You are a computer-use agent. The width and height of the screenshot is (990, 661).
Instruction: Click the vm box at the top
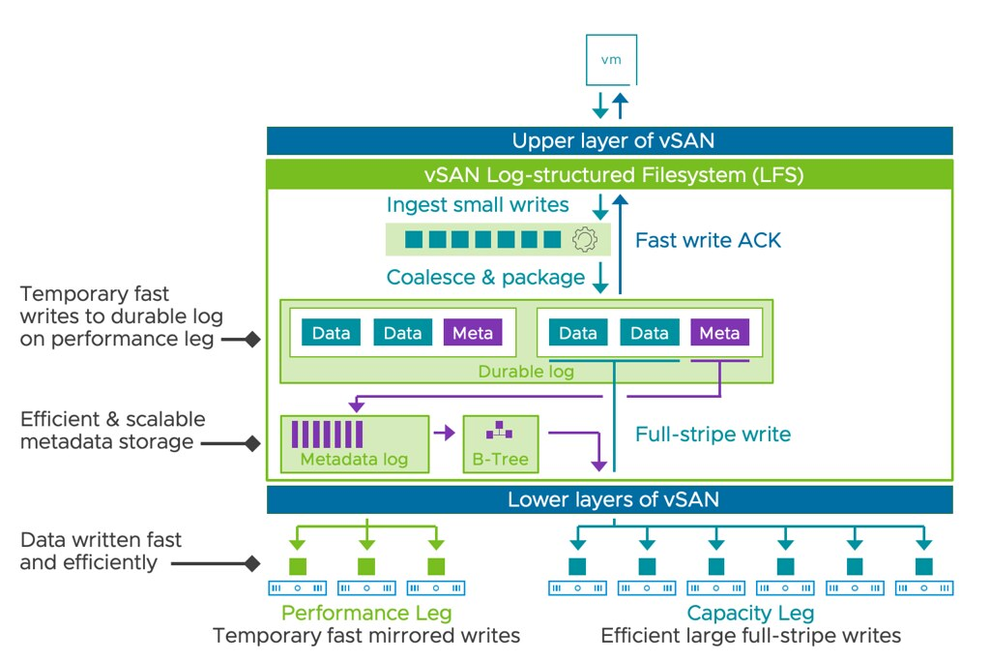point(610,60)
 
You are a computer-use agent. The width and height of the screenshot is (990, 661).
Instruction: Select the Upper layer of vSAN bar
point(610,140)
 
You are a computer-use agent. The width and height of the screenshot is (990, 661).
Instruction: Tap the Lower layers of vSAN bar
point(610,499)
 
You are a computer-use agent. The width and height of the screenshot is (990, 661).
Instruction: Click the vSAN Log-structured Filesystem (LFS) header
point(610,175)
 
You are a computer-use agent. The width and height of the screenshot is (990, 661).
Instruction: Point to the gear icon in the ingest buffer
point(584,239)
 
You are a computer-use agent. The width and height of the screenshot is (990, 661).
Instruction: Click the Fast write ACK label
point(708,240)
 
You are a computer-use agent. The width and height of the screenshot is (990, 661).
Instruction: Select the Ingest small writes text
point(478,205)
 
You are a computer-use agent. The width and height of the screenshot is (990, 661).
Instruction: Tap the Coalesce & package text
point(485,278)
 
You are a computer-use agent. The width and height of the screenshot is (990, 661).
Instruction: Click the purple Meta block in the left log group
point(473,333)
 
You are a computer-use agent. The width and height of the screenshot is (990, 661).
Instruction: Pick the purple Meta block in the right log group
point(719,333)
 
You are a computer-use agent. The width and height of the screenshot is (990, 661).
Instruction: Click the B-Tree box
point(500,444)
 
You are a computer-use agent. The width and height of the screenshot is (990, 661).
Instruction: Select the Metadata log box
point(354,444)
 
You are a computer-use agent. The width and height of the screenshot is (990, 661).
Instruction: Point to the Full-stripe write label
point(713,434)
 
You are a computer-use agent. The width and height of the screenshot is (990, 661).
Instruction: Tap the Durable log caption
point(526,372)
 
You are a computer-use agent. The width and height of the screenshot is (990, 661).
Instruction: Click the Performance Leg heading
point(366,613)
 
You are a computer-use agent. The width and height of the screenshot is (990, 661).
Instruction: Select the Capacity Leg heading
point(750,613)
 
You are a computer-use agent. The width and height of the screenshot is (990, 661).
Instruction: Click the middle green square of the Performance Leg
point(366,565)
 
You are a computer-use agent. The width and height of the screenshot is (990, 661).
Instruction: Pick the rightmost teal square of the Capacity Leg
point(924,565)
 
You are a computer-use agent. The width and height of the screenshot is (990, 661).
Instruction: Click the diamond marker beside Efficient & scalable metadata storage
point(252,443)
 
